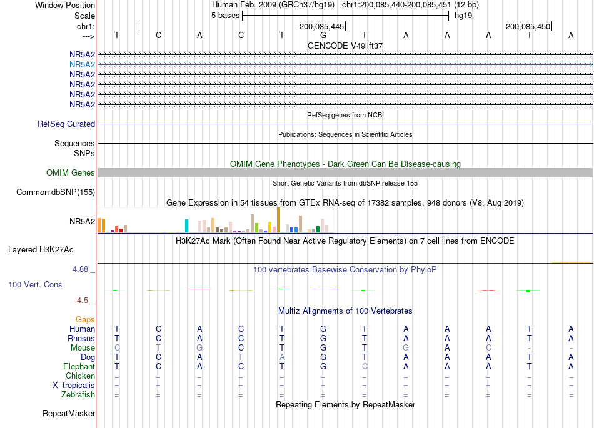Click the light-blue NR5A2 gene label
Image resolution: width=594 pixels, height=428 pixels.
coord(82,65)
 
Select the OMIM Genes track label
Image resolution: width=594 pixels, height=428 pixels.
coord(70,173)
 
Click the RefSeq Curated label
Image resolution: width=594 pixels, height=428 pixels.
coord(66,124)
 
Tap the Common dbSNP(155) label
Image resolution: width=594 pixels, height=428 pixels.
coord(55,192)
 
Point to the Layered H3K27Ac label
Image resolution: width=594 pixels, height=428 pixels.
coord(41,250)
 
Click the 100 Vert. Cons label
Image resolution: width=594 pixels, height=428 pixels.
coord(35,284)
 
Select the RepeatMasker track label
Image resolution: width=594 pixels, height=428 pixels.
coord(69,413)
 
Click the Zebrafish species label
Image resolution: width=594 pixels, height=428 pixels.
coord(78,395)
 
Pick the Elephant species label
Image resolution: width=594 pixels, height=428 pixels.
coord(79,367)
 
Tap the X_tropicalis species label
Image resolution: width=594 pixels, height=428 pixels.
coord(74,386)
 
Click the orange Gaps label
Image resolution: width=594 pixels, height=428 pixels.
coord(85,320)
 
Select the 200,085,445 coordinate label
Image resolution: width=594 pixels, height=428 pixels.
coord(321,27)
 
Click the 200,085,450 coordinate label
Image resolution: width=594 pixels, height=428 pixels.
coord(528,27)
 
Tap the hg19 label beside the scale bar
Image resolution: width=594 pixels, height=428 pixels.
coord(463,16)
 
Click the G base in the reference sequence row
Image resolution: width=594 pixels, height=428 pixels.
coord(323,36)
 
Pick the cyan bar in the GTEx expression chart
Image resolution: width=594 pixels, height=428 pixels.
coord(186,226)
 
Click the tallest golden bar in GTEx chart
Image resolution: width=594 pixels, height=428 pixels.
coord(278,220)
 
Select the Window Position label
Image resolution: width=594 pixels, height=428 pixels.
coord(65,5)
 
